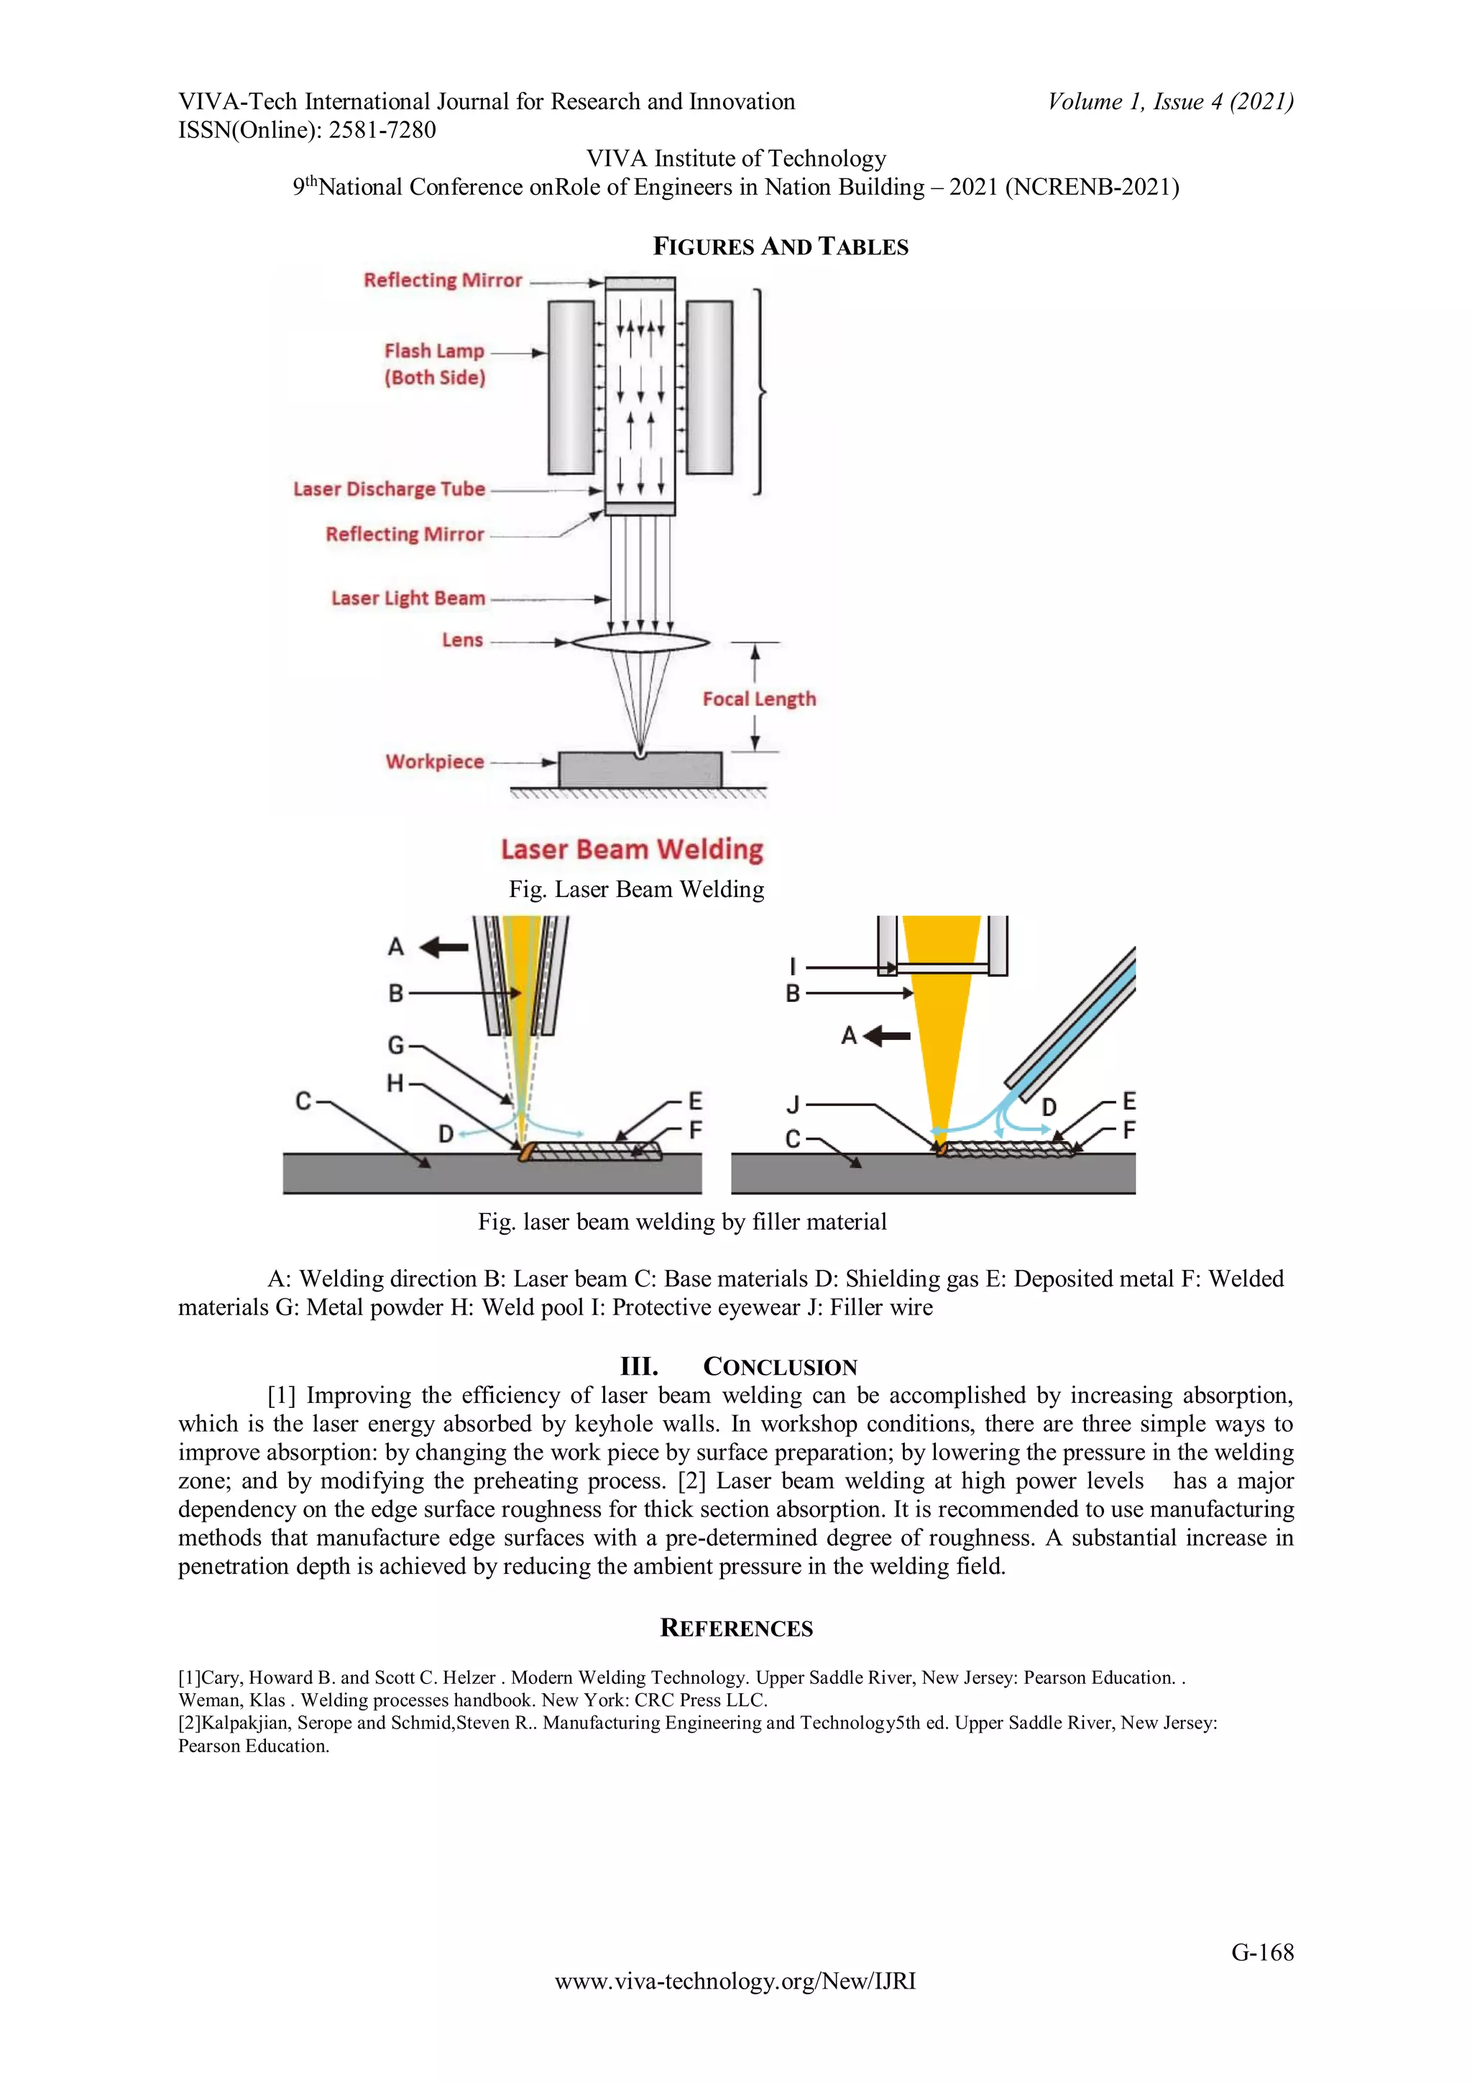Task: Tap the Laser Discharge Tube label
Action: click(x=389, y=489)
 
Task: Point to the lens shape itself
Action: click(x=640, y=642)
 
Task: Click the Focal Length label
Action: click(x=759, y=699)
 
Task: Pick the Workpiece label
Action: click(x=434, y=762)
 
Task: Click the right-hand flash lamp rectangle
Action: click(x=709, y=387)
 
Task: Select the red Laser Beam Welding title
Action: click(x=632, y=849)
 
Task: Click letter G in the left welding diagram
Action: click(x=396, y=1045)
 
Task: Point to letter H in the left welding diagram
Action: click(x=395, y=1083)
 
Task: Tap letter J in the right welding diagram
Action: click(x=793, y=1105)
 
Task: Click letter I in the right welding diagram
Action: click(x=793, y=967)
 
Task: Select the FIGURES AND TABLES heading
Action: click(x=780, y=247)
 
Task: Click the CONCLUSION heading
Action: click(x=780, y=1366)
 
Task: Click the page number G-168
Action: click(x=1261, y=1953)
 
